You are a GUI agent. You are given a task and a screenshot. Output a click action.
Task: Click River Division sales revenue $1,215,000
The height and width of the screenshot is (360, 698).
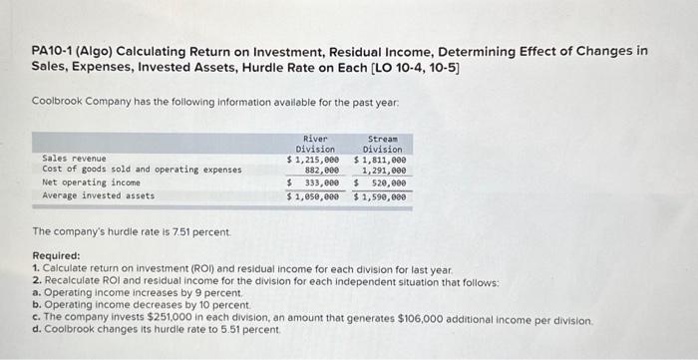[313, 160]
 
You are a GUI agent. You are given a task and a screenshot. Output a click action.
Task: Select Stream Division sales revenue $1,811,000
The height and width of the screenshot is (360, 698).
[380, 160]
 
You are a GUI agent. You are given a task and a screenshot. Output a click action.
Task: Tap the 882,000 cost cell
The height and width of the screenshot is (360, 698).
[319, 171]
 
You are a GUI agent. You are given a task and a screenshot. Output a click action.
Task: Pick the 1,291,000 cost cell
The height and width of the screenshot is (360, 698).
[384, 171]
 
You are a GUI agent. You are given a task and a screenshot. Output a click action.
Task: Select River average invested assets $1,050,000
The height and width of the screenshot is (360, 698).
[313, 196]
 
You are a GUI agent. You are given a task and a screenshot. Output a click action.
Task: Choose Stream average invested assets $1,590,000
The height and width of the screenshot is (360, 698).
[380, 196]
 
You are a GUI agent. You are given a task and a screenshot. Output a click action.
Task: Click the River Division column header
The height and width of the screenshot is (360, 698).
[315, 144]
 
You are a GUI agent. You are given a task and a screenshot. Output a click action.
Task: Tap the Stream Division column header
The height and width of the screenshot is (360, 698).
[382, 144]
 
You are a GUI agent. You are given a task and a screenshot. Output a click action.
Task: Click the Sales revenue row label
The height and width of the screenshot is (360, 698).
[74, 159]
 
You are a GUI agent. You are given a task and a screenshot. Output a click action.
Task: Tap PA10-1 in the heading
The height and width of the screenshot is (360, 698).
[52, 51]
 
